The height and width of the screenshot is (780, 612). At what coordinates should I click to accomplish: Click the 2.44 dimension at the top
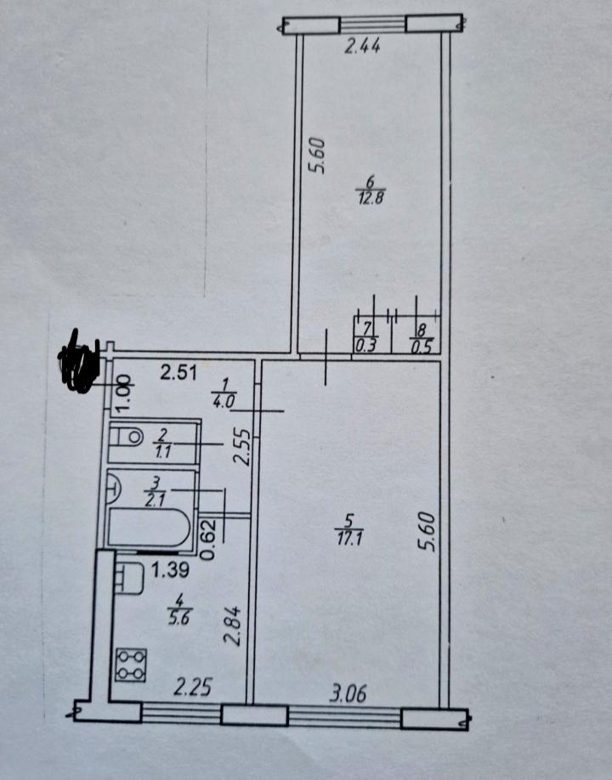[x=362, y=46]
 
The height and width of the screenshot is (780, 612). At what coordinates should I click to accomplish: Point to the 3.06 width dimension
[x=348, y=693]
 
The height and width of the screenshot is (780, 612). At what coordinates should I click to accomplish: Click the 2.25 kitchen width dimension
[x=193, y=687]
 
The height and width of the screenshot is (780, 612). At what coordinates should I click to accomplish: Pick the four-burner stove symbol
[x=131, y=665]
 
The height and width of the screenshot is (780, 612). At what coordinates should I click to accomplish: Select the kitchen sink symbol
[x=129, y=578]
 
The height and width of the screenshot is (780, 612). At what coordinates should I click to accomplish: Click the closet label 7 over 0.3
[x=366, y=337]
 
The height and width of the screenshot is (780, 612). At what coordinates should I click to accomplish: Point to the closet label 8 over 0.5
[x=422, y=338]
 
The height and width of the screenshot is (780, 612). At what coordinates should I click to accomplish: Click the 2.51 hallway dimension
[x=178, y=373]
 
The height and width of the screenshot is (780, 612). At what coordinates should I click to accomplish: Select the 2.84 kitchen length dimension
[x=233, y=626]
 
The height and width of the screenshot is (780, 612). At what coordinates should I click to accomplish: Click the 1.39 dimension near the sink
[x=170, y=570]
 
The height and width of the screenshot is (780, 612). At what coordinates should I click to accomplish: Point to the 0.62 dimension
[x=208, y=540]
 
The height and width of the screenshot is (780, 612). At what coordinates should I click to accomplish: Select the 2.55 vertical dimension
[x=242, y=447]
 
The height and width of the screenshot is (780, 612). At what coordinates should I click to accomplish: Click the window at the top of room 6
[x=373, y=24]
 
